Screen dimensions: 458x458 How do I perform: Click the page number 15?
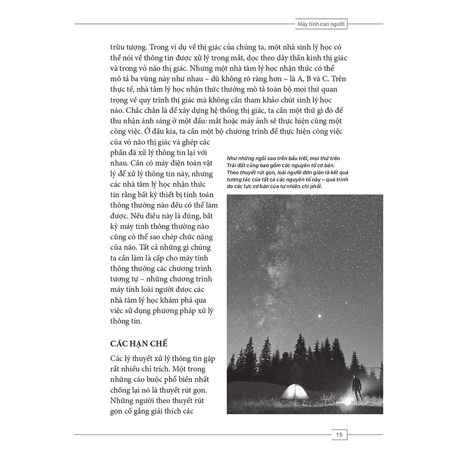pos(338,435)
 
